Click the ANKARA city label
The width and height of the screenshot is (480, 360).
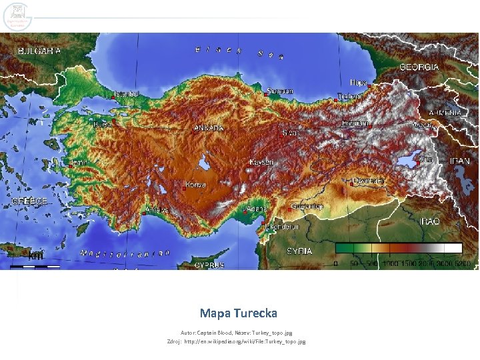[x=209, y=127]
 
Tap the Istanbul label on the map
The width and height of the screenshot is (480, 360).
[x=126, y=95]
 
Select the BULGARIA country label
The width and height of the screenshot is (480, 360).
[x=39, y=51]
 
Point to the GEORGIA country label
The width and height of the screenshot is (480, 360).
[x=419, y=67]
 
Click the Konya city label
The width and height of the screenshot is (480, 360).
[x=195, y=185]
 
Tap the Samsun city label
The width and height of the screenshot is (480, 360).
[x=280, y=91]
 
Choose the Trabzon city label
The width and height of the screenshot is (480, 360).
[x=350, y=96]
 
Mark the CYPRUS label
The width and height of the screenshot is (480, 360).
[x=209, y=265]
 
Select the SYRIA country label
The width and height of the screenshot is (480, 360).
[x=299, y=251]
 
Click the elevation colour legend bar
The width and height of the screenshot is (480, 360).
[x=399, y=249]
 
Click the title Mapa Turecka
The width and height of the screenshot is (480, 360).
[x=238, y=313]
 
